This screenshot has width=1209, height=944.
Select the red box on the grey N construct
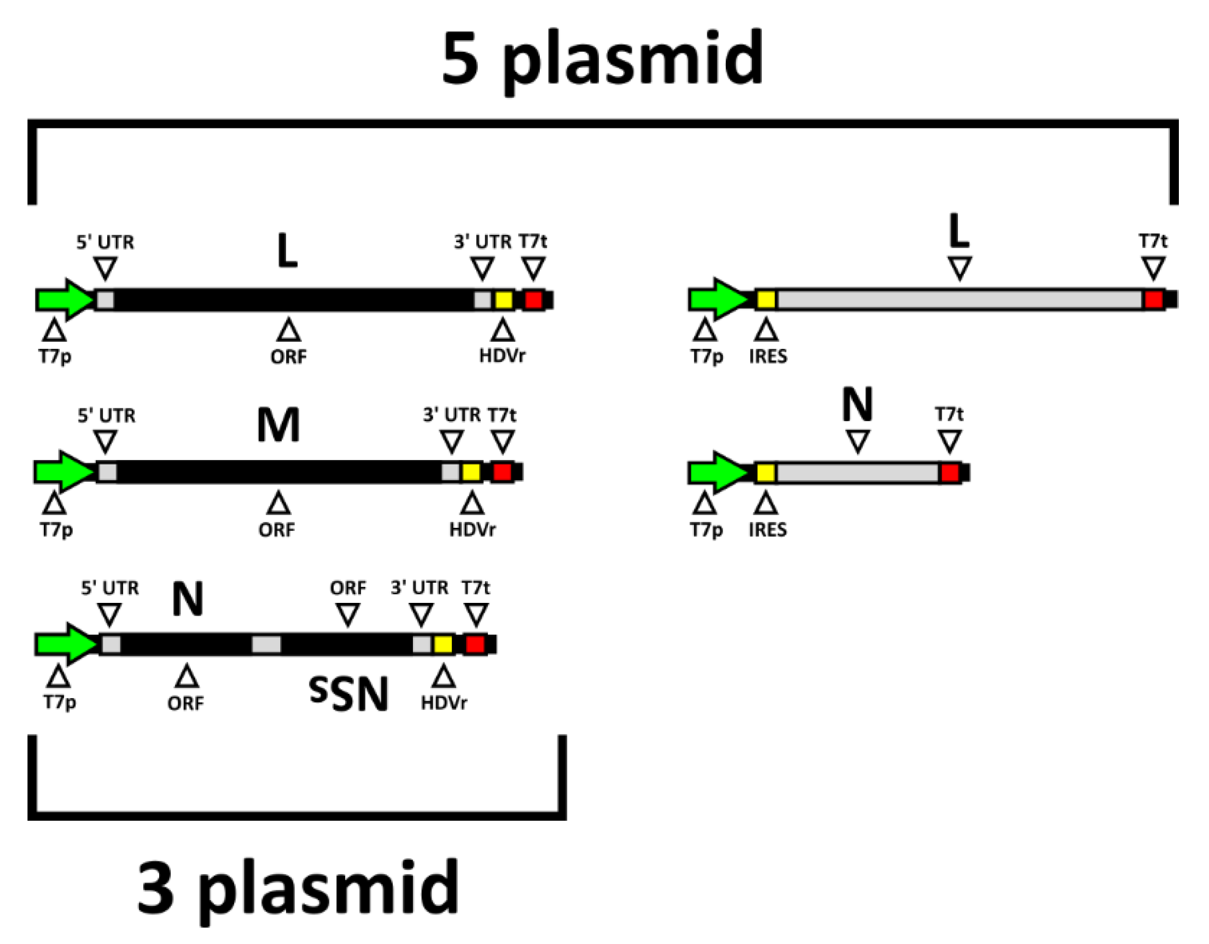point(950,473)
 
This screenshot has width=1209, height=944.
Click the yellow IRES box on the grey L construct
point(766,299)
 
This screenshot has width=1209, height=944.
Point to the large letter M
point(279,425)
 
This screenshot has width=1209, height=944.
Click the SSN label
point(349,695)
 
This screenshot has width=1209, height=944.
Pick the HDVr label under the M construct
point(472,530)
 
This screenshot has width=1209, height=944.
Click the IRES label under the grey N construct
point(768,530)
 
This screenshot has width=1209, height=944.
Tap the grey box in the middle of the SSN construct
point(266,645)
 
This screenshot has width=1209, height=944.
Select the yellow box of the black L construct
point(503,300)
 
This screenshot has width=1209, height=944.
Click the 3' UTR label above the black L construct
point(483,242)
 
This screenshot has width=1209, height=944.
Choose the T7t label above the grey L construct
point(1153,241)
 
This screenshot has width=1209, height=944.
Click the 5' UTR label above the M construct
point(106,415)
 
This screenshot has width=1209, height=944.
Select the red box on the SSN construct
point(475,645)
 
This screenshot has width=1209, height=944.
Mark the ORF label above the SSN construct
point(348,588)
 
